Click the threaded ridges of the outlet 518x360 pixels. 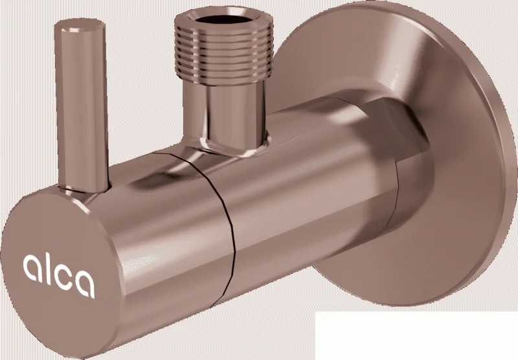tap(223, 55)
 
